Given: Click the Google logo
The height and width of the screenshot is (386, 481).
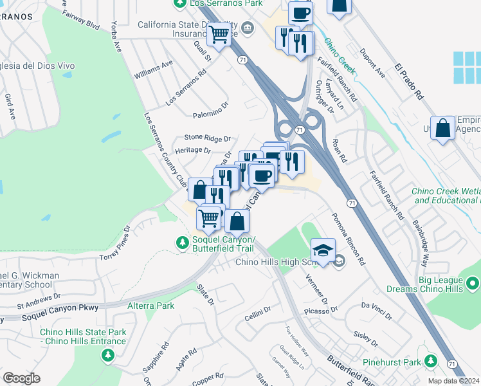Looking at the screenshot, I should tap(22, 378).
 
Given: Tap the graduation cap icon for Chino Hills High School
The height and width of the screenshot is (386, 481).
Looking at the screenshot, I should tap(323, 250).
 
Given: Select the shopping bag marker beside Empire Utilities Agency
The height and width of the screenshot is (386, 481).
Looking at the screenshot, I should tap(444, 127).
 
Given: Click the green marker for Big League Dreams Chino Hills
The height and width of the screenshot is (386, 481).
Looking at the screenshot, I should tap(473, 283).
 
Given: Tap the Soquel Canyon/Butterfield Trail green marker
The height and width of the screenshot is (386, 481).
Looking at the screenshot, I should tap(182, 243).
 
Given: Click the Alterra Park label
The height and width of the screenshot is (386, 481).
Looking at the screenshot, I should tap(150, 306).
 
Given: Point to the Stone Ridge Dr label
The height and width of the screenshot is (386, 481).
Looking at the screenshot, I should tap(207, 138).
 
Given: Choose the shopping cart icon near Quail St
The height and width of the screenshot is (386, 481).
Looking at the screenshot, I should tap(220, 34).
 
